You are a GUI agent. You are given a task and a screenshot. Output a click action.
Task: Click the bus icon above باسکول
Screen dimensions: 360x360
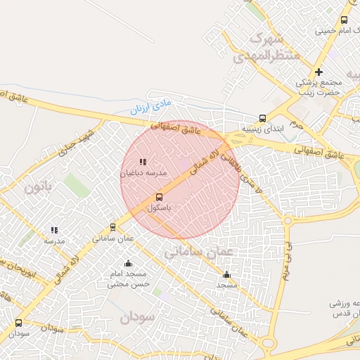(158, 197)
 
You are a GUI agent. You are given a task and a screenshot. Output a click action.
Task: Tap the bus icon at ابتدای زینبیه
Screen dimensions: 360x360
(262, 118)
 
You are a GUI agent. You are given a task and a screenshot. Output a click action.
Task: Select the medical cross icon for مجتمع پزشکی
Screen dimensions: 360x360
(319, 72)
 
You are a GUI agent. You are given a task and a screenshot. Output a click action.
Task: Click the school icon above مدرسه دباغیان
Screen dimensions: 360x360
(143, 162)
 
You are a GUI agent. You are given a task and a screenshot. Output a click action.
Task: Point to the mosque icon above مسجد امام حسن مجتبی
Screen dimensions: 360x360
(128, 263)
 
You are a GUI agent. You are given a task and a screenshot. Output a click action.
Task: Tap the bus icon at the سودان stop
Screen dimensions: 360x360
(18, 323)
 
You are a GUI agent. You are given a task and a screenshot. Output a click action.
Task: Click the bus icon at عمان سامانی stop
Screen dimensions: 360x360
(112, 227)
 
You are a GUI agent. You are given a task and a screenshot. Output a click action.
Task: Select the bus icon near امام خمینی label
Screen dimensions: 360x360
(344, 20)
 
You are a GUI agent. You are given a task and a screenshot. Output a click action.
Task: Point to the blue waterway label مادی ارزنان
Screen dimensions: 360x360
(150, 109)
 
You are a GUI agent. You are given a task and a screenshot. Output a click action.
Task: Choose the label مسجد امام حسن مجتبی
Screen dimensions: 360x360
(128, 279)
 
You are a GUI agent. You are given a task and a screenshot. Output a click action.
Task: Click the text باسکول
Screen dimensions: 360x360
(160, 208)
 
